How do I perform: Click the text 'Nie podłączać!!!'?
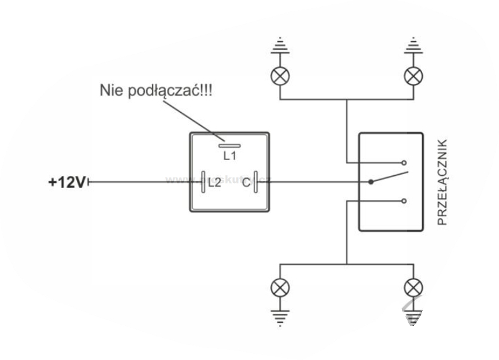click(156, 91)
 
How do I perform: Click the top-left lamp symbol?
click(278, 76)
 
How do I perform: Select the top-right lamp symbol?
click(413, 76)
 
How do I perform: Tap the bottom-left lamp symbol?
click(278, 288)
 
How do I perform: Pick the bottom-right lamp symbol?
click(413, 288)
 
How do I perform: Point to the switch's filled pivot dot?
click(370, 182)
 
